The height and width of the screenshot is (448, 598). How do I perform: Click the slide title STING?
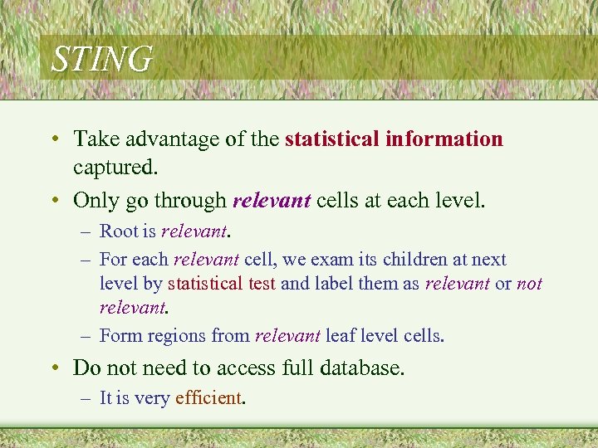pyautogui.click(x=101, y=60)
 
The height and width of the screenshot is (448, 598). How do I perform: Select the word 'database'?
pyautogui.click(x=353, y=368)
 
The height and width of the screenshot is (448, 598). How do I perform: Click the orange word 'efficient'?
pyautogui.click(x=208, y=398)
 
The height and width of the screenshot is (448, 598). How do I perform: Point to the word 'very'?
pyautogui.click(x=152, y=399)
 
